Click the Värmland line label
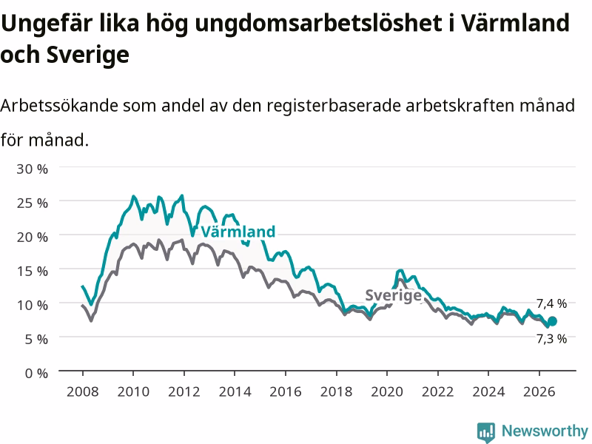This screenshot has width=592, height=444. [x=238, y=232]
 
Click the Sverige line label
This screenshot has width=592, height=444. [x=393, y=295]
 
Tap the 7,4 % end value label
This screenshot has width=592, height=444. [x=551, y=303]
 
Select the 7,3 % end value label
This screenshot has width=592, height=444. [x=551, y=339]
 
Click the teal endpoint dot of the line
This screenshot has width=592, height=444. [x=552, y=321]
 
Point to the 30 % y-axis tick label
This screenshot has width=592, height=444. [x=32, y=169]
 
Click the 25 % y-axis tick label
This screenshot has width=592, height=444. [x=32, y=203]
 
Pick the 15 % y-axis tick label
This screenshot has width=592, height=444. [x=32, y=271]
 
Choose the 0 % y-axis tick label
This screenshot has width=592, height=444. [x=36, y=374]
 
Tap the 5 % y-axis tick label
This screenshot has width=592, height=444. [x=36, y=340]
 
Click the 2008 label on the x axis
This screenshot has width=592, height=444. [x=83, y=391]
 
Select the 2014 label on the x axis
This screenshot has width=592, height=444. [x=235, y=391]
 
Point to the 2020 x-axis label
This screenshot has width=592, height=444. [x=387, y=391]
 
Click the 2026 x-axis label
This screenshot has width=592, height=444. [x=539, y=391]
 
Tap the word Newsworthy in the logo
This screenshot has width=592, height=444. [x=545, y=431]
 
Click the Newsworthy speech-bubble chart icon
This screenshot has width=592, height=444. [x=486, y=432]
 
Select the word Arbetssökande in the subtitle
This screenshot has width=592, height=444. [x=59, y=105]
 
